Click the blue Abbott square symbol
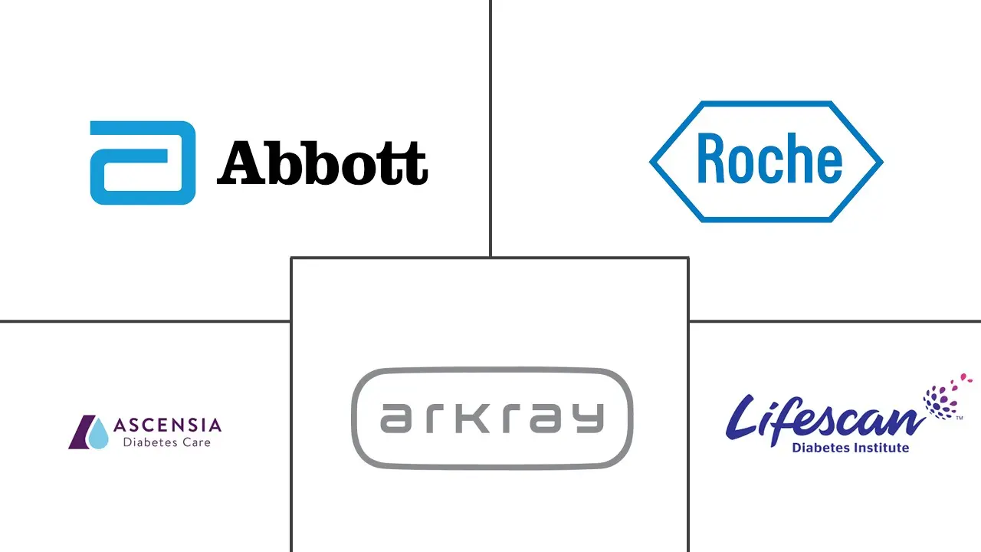click(x=143, y=163)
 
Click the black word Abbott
click(x=322, y=163)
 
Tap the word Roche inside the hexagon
click(x=769, y=159)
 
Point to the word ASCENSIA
click(x=167, y=426)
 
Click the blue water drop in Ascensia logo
click(x=97, y=435)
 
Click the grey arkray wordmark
click(x=491, y=418)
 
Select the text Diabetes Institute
click(x=851, y=448)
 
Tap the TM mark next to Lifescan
click(x=960, y=419)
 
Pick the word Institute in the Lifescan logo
click(x=881, y=448)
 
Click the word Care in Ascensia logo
click(x=196, y=442)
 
